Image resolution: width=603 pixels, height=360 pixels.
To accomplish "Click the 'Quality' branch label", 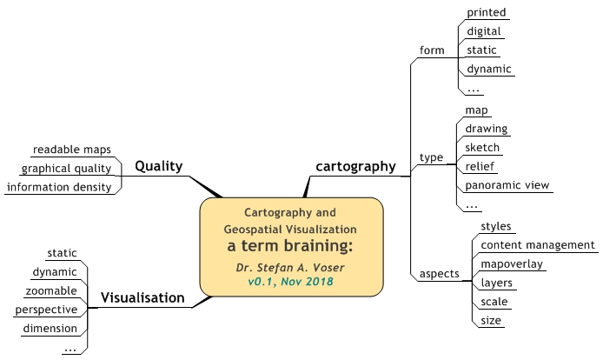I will tap(159, 166).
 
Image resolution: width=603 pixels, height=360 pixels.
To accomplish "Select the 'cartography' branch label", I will tap(355, 165).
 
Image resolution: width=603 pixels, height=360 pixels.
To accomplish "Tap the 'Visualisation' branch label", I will tap(142, 297).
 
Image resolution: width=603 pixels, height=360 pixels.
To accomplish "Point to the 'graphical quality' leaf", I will tap(66, 168).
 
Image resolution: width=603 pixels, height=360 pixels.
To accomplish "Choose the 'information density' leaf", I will tap(58, 187).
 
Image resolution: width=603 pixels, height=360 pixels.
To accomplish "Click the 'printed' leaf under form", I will tap(486, 12).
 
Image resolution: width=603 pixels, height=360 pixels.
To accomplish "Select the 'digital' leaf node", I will tap(484, 31).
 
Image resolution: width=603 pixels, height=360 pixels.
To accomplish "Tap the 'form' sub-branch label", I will tap(431, 49).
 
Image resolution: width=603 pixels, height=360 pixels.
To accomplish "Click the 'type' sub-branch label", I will tap(431, 157).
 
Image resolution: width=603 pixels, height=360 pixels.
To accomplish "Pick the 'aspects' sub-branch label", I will tap(439, 273).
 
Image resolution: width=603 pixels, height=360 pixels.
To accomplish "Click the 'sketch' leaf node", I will tap(482, 148).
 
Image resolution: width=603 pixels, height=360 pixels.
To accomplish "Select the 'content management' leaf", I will tap(537, 245).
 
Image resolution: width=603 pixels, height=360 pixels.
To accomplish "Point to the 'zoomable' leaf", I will tap(51, 290).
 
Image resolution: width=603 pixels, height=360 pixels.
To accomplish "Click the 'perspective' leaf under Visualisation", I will tap(46, 310).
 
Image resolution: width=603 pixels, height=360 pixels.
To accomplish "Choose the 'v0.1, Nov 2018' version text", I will tap(291, 282).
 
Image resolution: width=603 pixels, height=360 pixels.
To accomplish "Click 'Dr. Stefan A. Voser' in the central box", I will tap(291, 267).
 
